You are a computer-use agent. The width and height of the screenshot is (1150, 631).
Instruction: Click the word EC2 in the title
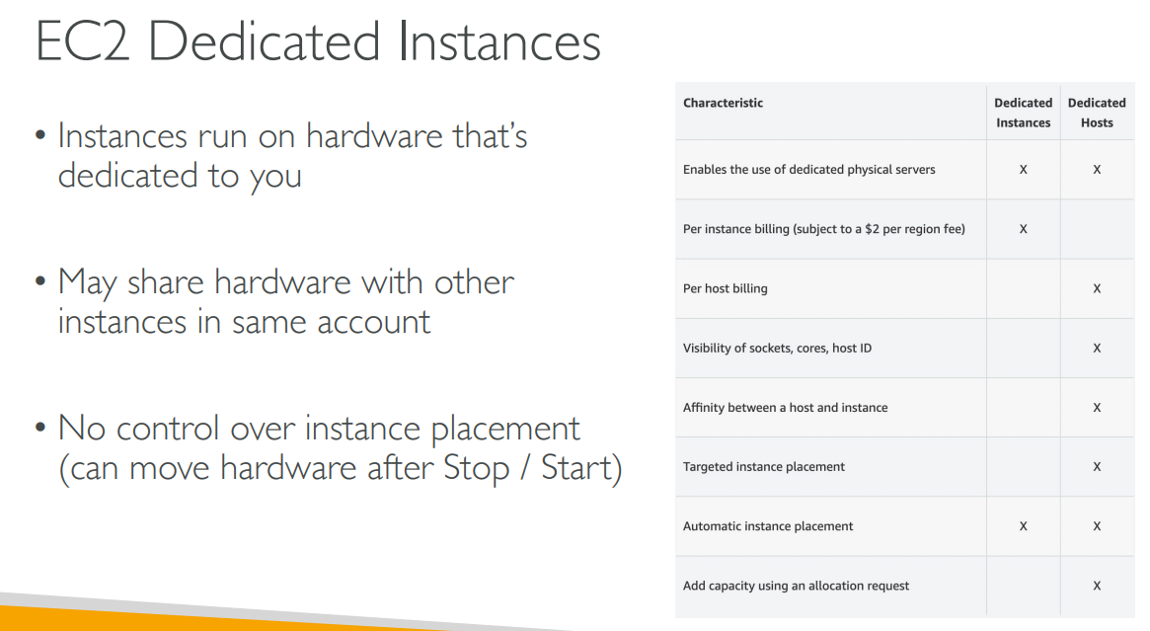point(83,41)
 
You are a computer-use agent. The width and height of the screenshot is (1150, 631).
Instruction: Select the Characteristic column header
point(724,103)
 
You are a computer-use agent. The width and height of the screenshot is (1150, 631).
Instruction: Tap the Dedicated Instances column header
point(1023,113)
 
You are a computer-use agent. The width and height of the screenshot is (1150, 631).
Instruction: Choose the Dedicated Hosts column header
point(1097,113)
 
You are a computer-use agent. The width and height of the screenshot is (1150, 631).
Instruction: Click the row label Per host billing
point(726,288)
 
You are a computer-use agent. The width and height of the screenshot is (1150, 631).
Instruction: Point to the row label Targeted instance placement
point(763,467)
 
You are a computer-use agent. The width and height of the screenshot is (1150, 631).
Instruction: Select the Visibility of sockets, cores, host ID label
point(778,348)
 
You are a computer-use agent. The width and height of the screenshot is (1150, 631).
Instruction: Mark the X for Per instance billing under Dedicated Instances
point(1023,229)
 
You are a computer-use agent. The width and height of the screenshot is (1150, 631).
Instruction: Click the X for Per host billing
point(1097,288)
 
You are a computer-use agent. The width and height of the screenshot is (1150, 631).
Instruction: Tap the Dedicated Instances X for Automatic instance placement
point(1023,526)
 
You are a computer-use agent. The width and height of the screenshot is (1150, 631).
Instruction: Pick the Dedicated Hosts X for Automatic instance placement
point(1097,526)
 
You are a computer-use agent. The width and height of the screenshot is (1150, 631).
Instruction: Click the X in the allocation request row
point(1097,586)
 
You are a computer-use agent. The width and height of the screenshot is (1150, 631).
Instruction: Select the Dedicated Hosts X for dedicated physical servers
point(1097,170)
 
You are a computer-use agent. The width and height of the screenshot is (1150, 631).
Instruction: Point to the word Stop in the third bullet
point(476,468)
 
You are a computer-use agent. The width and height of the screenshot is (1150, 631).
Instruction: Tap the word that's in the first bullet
point(490,135)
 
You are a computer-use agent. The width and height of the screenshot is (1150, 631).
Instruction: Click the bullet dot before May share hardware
point(40,281)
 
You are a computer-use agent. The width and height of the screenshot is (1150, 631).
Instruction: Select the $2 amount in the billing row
point(872,229)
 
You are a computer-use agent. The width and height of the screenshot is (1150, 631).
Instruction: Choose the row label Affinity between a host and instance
point(785,407)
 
